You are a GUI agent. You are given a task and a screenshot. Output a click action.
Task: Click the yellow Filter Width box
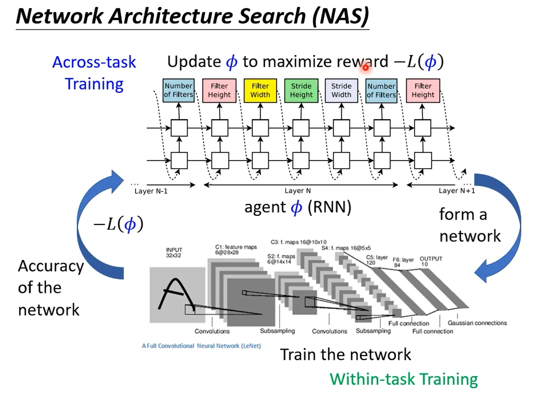tap(260, 90)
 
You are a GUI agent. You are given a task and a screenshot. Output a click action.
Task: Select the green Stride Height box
tap(301, 90)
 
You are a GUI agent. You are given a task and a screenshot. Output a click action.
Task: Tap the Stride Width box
tap(341, 90)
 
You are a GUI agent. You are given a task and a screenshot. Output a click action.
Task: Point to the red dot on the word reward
tap(366, 68)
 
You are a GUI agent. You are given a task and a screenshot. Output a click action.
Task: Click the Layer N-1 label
tap(151, 191)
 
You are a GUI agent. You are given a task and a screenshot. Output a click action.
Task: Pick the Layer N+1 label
tap(457, 191)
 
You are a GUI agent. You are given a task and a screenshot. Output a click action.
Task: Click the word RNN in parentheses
tap(329, 207)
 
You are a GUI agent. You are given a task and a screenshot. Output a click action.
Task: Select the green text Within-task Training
tap(404, 379)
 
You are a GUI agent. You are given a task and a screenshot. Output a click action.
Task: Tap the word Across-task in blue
tap(94, 62)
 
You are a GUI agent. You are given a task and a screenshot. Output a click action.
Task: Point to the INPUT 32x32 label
tap(174, 253)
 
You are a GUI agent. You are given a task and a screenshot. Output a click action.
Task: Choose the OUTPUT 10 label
tap(431, 261)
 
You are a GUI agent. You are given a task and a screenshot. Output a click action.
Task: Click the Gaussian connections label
tap(477, 323)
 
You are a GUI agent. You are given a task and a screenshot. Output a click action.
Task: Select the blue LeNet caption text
tap(201, 346)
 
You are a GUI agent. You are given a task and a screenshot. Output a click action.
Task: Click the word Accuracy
tap(51, 266)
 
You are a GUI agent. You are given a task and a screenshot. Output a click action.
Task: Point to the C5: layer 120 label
tap(376, 260)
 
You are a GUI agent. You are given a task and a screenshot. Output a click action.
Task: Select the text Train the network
tap(346, 355)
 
